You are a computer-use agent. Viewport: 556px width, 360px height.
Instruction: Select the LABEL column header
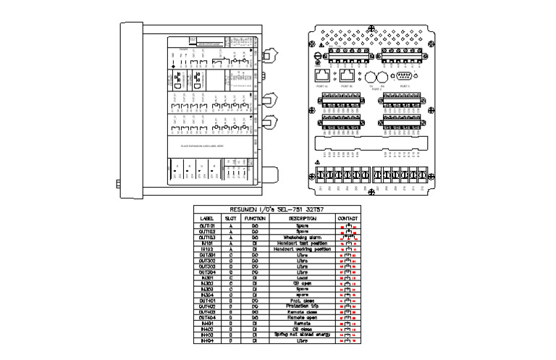point(206,217)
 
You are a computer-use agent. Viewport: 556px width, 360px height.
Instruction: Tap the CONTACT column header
point(348,217)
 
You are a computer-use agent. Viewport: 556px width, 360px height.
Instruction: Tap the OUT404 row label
point(206,317)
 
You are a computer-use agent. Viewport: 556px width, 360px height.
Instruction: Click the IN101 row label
point(206,243)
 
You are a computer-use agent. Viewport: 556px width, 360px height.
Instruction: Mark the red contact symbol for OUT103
point(348,238)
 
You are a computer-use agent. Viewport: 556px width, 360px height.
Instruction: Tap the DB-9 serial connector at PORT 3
point(403,75)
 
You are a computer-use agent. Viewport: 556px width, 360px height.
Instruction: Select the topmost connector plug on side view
point(273,55)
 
